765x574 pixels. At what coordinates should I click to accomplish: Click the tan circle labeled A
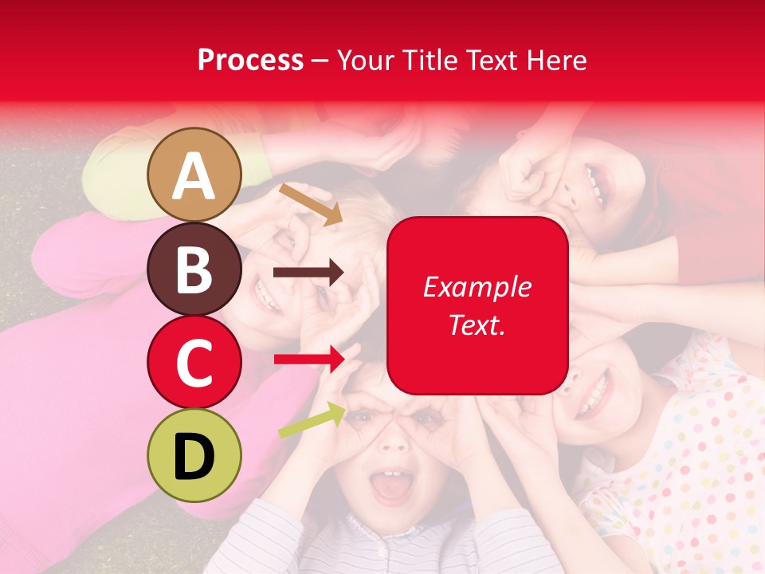click(194, 175)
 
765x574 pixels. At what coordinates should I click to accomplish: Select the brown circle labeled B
click(194, 269)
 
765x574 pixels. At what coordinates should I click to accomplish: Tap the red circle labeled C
click(194, 362)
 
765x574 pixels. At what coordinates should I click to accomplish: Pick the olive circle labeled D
click(194, 455)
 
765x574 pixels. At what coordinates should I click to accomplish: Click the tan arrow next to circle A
click(310, 203)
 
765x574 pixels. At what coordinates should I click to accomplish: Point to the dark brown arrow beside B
click(308, 273)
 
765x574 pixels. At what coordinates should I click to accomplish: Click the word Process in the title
click(250, 60)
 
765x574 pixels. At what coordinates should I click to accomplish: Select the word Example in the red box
click(477, 287)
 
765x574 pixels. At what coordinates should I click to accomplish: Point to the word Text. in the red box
click(477, 324)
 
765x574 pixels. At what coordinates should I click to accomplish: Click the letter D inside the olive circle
click(194, 457)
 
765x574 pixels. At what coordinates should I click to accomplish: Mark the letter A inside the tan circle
click(194, 176)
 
